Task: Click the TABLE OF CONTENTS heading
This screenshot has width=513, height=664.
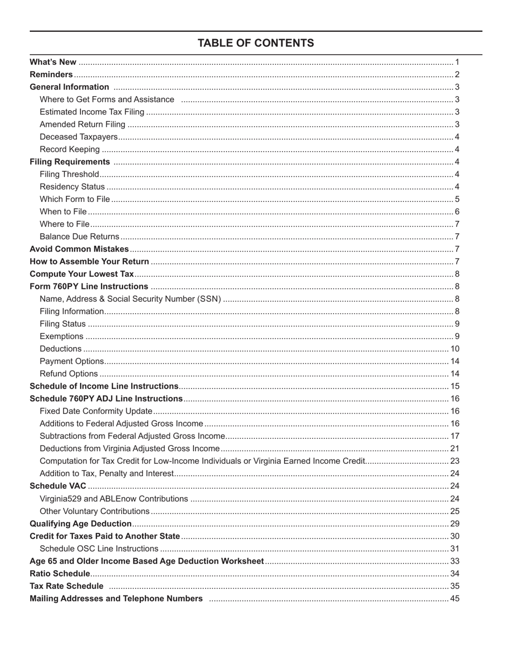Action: (255, 43)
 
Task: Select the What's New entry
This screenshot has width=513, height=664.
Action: (53, 62)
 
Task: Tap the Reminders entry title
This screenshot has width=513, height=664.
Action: (51, 74)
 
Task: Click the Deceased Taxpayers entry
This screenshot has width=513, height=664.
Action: (78, 137)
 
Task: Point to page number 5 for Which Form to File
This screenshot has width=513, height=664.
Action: (457, 199)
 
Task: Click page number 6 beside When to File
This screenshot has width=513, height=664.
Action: (457, 212)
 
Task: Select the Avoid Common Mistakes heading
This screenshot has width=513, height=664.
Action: (79, 249)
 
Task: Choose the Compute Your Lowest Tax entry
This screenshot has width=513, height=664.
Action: (82, 274)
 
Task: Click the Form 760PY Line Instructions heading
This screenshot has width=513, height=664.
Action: (89, 287)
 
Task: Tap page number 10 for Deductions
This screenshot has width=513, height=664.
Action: (455, 349)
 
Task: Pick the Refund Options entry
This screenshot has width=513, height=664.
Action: (69, 374)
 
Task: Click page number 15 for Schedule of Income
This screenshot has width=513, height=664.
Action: (455, 387)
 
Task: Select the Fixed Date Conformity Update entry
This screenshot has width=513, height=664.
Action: (96, 411)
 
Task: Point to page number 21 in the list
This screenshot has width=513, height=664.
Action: (455, 449)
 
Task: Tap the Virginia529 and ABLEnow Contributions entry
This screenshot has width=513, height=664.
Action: (113, 499)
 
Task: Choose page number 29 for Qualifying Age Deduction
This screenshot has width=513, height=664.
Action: (455, 524)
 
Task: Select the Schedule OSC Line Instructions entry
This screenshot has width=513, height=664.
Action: (99, 548)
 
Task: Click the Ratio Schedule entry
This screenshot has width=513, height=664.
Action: (60, 573)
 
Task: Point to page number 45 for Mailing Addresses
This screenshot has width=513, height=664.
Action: (455, 599)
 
